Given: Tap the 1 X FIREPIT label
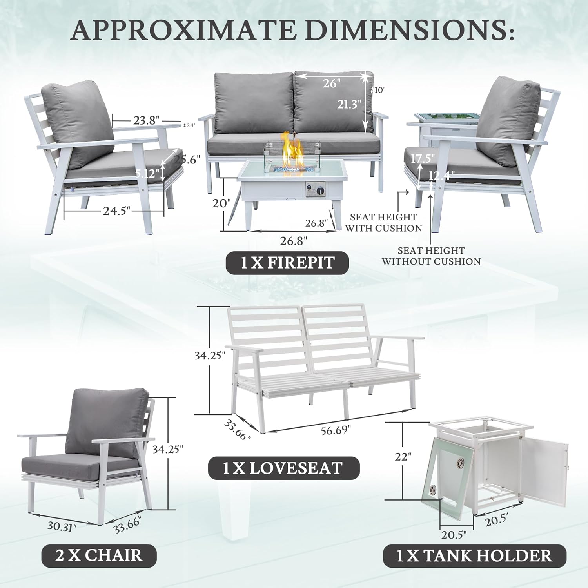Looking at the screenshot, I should pyautogui.click(x=287, y=263).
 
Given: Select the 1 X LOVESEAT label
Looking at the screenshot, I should pyautogui.click(x=283, y=468).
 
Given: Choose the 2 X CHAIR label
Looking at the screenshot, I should pyautogui.click(x=99, y=555).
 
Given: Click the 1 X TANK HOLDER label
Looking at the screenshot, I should pyautogui.click(x=474, y=556).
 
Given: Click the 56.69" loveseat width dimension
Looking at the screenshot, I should pyautogui.click(x=335, y=430).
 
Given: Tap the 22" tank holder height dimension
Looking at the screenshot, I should pyautogui.click(x=403, y=457).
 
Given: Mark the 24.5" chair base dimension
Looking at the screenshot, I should pyautogui.click(x=116, y=211).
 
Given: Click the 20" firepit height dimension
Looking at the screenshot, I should pyautogui.click(x=220, y=204).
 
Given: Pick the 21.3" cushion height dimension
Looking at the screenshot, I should pyautogui.click(x=349, y=105).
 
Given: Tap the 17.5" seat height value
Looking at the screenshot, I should pyautogui.click(x=423, y=158).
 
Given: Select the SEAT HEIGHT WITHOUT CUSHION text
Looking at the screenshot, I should pyautogui.click(x=431, y=256).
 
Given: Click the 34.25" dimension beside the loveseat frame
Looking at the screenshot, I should pyautogui.click(x=210, y=356).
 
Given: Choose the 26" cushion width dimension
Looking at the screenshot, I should pyautogui.click(x=330, y=83).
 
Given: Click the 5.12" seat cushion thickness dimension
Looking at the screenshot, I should pyautogui.click(x=148, y=173).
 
